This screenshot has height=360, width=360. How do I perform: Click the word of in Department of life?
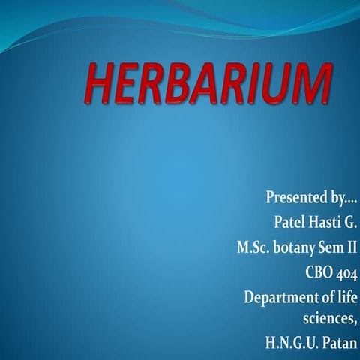pos(325,295)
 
